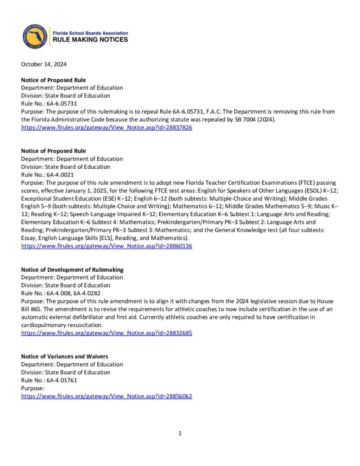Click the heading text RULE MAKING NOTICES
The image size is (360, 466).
(x=91, y=40)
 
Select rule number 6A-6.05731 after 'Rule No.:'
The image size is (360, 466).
(x=62, y=104)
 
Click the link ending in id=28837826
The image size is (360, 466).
(x=106, y=128)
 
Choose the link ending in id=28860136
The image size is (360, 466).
(x=106, y=246)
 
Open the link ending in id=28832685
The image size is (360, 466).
(x=106, y=333)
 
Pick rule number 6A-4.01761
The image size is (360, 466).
(x=62, y=380)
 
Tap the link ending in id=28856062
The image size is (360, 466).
(x=106, y=396)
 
